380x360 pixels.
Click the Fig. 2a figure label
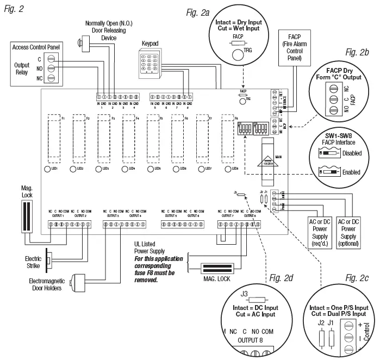pos(197,13)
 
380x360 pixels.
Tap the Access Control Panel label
pos(36,48)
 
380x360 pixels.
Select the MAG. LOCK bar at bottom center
pos(220,269)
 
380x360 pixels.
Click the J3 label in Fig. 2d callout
pos(244,296)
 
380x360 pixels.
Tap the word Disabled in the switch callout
pos(351,153)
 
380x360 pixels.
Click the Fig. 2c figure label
pos(356,278)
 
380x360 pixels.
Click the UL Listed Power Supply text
pos(154,248)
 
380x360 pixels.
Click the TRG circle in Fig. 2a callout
pos(237,54)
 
